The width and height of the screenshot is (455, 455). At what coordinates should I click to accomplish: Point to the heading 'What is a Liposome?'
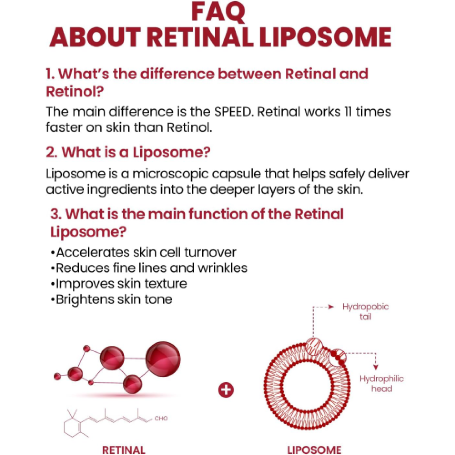[128, 152]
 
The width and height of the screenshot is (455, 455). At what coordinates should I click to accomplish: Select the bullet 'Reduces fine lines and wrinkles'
[149, 268]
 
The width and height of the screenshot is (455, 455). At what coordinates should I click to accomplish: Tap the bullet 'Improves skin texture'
[119, 283]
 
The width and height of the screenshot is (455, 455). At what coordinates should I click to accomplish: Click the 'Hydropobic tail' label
[365, 311]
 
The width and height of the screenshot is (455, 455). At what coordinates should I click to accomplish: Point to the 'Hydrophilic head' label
[382, 384]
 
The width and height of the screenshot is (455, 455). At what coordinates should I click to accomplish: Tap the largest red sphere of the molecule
[162, 356]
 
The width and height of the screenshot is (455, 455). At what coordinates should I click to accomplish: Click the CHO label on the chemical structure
[161, 418]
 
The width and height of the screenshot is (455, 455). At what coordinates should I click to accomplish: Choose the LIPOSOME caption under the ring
[314, 450]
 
